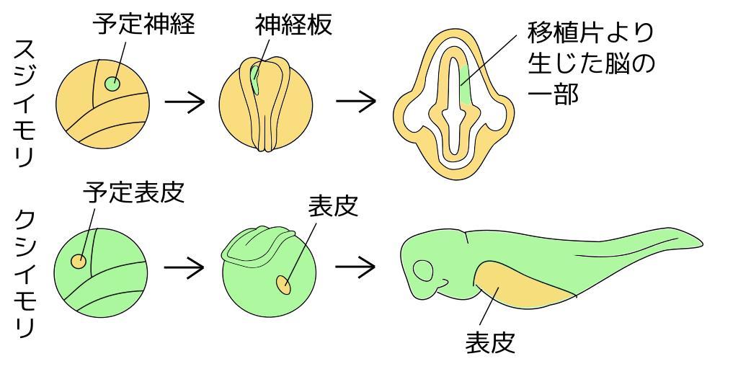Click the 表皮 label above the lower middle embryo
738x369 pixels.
click(x=333, y=208)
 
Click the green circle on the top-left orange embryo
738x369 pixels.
click(x=112, y=84)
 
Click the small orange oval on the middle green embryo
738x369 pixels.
click(x=283, y=285)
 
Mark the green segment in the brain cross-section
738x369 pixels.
click(x=465, y=86)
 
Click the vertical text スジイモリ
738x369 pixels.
click(x=24, y=104)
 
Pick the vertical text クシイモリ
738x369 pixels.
click(x=24, y=274)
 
